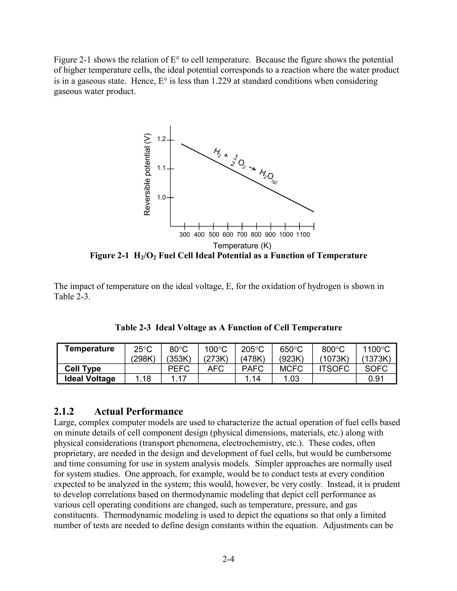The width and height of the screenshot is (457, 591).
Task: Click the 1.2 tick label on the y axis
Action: (161, 139)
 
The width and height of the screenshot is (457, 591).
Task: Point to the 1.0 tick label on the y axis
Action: (161, 198)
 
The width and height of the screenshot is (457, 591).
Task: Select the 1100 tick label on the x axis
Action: (303, 235)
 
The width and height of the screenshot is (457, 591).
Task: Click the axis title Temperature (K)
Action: (242, 246)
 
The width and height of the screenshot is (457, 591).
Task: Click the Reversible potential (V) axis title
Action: (147, 175)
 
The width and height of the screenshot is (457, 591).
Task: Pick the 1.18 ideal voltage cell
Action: (143, 379)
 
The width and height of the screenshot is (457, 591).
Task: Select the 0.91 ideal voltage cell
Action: (376, 379)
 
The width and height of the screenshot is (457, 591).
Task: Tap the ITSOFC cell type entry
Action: (334, 369)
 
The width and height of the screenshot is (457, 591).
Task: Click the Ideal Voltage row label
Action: (90, 379)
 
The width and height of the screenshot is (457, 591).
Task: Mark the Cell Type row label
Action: (83, 369)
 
